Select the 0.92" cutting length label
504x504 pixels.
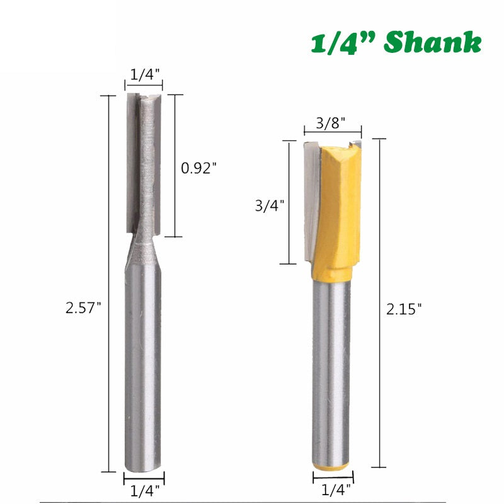(199, 168)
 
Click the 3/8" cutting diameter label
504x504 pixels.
(331, 123)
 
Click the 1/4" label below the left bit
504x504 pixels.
(144, 488)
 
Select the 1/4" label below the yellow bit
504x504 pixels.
(331, 488)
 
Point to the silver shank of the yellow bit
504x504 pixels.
(331, 372)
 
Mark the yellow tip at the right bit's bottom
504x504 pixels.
(331, 466)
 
